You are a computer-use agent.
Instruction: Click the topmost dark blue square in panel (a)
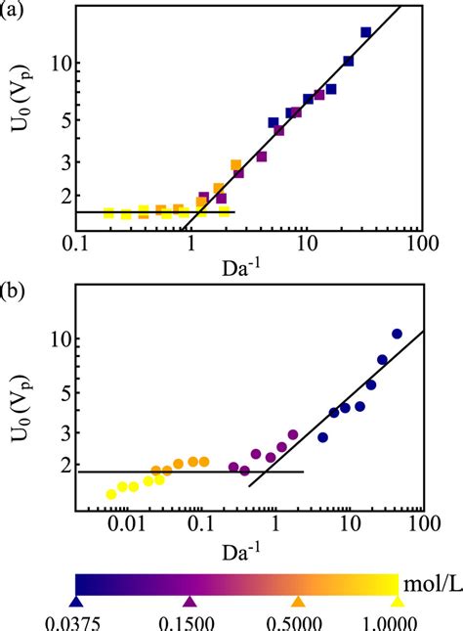click(x=366, y=32)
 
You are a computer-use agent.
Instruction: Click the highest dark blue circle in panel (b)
click(x=397, y=334)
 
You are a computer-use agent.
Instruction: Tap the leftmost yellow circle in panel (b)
click(x=111, y=495)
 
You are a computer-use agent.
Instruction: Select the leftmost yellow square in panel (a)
click(x=108, y=213)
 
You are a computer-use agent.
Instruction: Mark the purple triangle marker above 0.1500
click(x=190, y=602)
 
